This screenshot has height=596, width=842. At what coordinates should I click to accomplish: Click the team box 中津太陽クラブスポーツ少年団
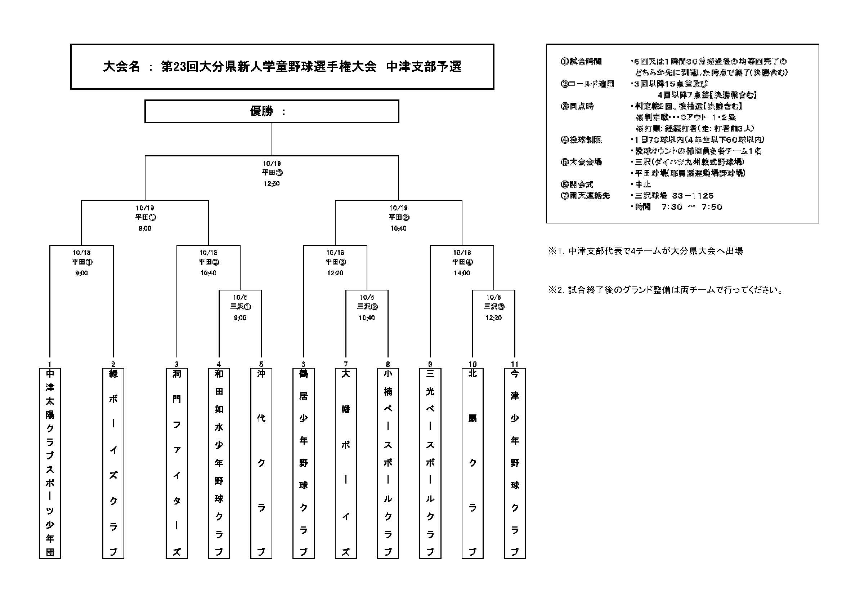click(50, 463)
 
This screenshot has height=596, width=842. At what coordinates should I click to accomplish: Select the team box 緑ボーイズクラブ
click(113, 463)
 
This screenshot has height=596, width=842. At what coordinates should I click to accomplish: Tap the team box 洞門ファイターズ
click(176, 463)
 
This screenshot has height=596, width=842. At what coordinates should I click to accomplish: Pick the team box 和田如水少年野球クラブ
click(219, 463)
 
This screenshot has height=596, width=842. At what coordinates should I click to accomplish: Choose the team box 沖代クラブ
click(261, 463)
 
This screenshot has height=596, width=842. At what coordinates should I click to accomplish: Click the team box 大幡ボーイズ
click(345, 463)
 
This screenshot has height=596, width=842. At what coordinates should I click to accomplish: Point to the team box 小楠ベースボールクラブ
click(388, 463)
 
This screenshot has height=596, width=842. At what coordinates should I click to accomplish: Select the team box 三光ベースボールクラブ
click(430, 463)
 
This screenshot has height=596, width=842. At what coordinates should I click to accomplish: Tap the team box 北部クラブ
click(472, 463)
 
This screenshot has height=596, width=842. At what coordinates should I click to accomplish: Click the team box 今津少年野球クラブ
click(515, 463)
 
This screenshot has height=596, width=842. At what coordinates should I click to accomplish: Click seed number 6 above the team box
click(303, 364)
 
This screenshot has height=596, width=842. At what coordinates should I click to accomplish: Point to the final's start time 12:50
click(272, 183)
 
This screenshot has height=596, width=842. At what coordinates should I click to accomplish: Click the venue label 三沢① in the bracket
click(240, 307)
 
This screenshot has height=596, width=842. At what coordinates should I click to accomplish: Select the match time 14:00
click(462, 273)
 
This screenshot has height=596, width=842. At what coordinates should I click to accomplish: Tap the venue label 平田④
click(462, 262)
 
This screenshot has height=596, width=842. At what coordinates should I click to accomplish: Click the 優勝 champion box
click(272, 111)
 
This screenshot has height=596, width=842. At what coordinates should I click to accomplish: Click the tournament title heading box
click(282, 67)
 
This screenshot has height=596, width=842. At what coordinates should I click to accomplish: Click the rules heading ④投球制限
click(581, 140)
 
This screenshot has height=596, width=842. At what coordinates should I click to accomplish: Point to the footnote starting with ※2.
click(666, 290)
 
